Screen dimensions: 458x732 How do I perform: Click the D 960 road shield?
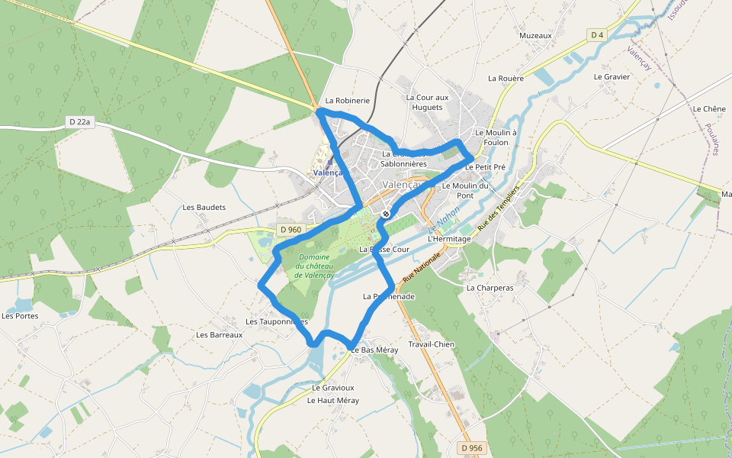point(291,230)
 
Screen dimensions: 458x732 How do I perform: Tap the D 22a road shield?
point(79,121)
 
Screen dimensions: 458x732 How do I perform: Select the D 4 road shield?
point(597,34)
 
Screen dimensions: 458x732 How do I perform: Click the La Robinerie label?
point(347,100)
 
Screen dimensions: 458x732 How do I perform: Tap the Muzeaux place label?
point(535,36)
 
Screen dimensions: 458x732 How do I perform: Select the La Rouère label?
point(506,78)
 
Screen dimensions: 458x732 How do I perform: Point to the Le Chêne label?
point(709,109)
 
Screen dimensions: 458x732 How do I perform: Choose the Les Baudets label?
point(204,208)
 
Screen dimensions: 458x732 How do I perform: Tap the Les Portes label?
point(20,316)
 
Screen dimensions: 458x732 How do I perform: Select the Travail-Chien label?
point(432,344)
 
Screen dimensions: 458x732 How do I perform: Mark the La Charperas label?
point(490,288)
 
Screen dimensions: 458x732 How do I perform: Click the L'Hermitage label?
point(450,239)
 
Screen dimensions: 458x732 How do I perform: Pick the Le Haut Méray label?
point(333,400)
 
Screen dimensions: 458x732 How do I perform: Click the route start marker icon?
point(387,214)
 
